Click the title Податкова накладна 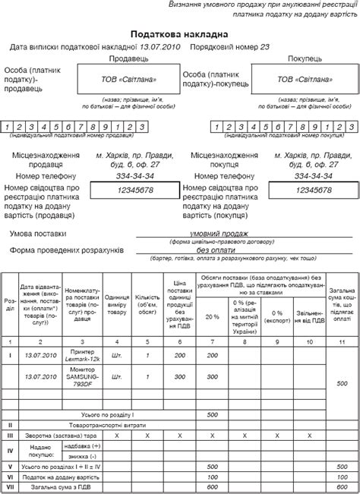(x=179, y=34)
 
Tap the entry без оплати (x=217, y=249)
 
